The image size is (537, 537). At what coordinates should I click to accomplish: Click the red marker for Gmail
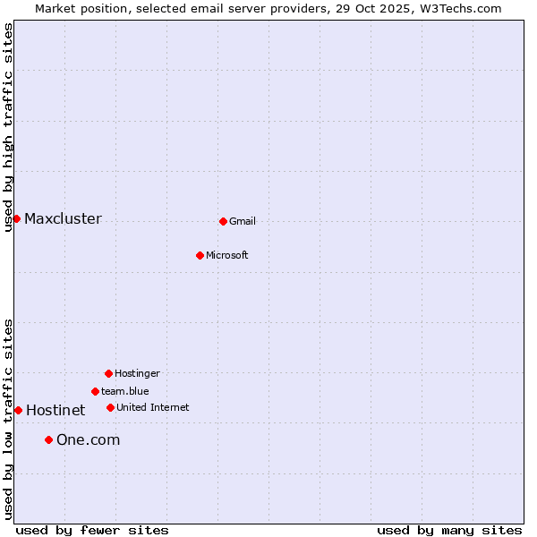point(223,221)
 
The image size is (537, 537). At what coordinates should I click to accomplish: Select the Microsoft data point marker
point(200,255)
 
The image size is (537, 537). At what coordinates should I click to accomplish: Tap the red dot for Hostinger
point(108,373)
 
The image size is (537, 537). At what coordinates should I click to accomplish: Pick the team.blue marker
point(95,391)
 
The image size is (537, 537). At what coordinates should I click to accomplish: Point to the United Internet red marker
point(110,407)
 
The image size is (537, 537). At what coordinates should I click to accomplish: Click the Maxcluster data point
point(16,218)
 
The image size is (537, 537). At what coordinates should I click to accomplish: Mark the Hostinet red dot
point(18,410)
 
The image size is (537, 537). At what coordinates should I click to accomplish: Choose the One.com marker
point(48,439)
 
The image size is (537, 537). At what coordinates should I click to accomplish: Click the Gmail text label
point(243,221)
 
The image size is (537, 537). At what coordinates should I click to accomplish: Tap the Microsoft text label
point(227,255)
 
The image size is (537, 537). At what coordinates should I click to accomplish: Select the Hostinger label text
point(137,373)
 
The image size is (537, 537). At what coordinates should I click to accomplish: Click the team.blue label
point(125,391)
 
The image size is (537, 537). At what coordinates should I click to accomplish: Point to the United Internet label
point(153,407)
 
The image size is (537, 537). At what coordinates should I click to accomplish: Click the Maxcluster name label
point(63,218)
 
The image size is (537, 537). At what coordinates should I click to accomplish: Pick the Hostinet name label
point(55,410)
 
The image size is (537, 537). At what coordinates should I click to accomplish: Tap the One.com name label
point(88,439)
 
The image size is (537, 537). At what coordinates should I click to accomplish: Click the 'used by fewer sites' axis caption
point(92,530)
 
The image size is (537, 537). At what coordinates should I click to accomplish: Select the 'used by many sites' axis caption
point(449,530)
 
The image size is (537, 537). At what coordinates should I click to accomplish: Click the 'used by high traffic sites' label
point(8,127)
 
